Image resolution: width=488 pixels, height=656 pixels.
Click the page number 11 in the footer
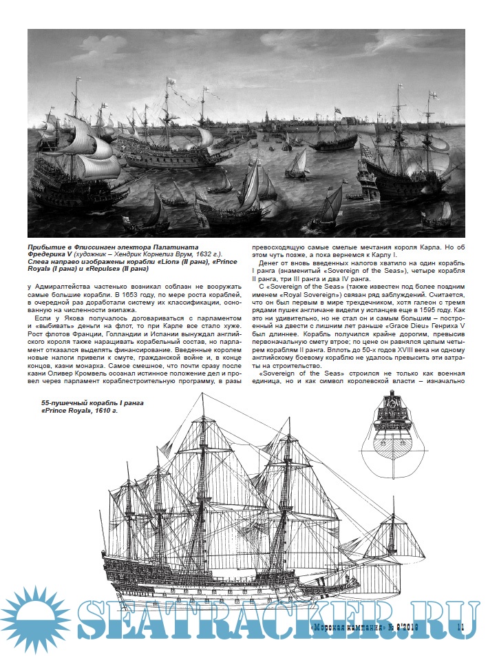pos(462,626)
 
